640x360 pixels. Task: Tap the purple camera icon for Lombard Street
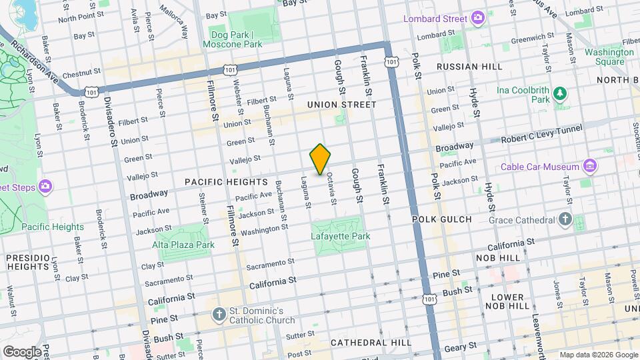pos(477,18)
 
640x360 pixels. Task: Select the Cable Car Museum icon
pos(589,165)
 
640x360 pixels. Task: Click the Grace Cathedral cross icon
pos(565,219)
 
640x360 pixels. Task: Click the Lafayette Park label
pos(340,236)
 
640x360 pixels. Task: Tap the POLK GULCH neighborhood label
pos(441,219)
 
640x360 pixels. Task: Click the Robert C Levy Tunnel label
pos(541,131)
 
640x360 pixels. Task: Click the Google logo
pos(22,351)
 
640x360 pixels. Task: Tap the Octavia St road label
pos(330,190)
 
